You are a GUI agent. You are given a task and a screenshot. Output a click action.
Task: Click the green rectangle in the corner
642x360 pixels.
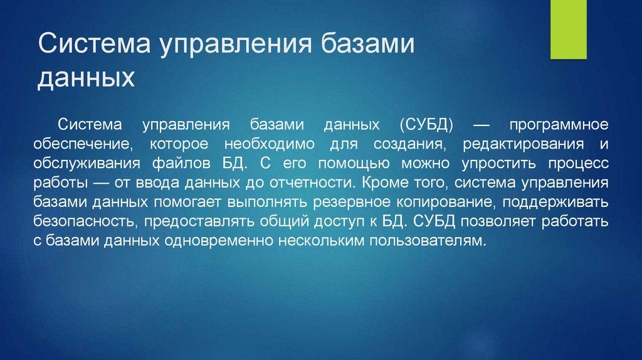(568, 29)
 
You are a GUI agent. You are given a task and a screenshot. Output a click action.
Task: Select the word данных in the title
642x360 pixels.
(86, 77)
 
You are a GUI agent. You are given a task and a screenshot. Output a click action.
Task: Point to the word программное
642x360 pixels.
(559, 125)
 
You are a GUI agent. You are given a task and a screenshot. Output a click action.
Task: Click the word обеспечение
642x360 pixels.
(83, 144)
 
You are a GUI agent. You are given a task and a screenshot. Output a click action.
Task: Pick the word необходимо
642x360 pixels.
(270, 144)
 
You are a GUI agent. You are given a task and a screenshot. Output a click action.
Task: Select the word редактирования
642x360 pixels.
(524, 145)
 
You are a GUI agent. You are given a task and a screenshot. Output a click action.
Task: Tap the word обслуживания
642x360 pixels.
(87, 164)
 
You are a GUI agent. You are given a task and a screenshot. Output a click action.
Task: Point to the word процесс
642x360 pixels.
(578, 164)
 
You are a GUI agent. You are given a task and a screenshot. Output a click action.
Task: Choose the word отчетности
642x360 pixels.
(311, 183)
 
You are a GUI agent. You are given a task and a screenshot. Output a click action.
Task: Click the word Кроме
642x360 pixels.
(386, 183)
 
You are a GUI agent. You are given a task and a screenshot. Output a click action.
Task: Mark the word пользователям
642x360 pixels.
(428, 241)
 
